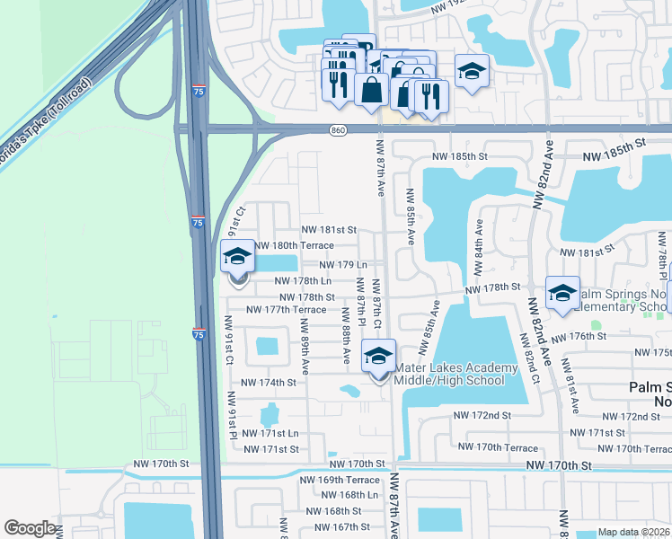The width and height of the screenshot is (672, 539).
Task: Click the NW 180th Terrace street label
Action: tap(295, 246)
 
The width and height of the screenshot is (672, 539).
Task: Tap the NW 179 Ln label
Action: tap(343, 265)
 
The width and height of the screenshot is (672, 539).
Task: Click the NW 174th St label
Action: tap(262, 383)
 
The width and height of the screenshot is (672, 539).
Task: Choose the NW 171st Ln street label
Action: tap(270, 434)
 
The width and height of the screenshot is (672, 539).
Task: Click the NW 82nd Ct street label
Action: tap(530, 359)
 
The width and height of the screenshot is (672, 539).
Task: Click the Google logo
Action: tap(30, 528)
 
